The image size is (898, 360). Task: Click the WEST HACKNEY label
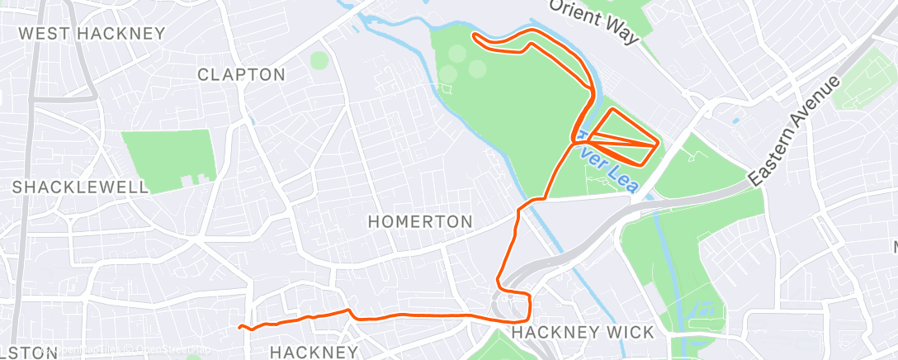(92, 34)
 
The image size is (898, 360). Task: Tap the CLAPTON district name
(241, 74)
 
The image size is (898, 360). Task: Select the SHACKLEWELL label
(80, 187)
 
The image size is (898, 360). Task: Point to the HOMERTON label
(420, 221)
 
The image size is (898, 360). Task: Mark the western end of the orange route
(240, 328)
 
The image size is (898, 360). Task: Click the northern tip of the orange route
(474, 36)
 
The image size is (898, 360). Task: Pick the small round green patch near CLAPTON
(319, 60)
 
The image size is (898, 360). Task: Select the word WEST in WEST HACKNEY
(45, 34)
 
